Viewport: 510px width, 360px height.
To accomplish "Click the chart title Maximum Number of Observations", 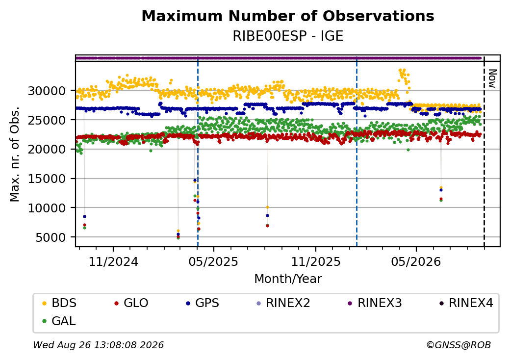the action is [x=288, y=16].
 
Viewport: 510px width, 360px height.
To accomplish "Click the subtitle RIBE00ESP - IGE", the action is [x=288, y=36].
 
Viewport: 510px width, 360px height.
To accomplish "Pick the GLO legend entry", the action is [x=131, y=303].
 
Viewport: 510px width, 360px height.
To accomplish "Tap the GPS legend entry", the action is [x=203, y=303].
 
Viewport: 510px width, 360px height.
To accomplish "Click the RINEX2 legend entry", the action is [x=283, y=303].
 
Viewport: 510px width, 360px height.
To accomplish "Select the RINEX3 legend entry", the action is [x=375, y=303].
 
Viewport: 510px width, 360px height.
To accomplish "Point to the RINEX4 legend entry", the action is [x=466, y=303].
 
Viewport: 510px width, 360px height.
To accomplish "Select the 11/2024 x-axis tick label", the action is [x=113, y=261].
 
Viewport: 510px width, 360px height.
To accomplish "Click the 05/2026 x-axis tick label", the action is [x=416, y=261].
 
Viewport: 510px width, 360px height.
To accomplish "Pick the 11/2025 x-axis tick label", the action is [x=315, y=261].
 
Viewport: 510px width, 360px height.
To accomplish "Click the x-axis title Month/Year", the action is [x=288, y=279].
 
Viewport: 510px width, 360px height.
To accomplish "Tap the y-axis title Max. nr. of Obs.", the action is [x=15, y=154].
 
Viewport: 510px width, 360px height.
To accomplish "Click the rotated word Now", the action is [x=492, y=78].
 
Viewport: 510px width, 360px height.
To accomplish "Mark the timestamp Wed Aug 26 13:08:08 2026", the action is [x=98, y=345].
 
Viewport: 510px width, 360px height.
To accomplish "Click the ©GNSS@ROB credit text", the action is [x=459, y=345].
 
